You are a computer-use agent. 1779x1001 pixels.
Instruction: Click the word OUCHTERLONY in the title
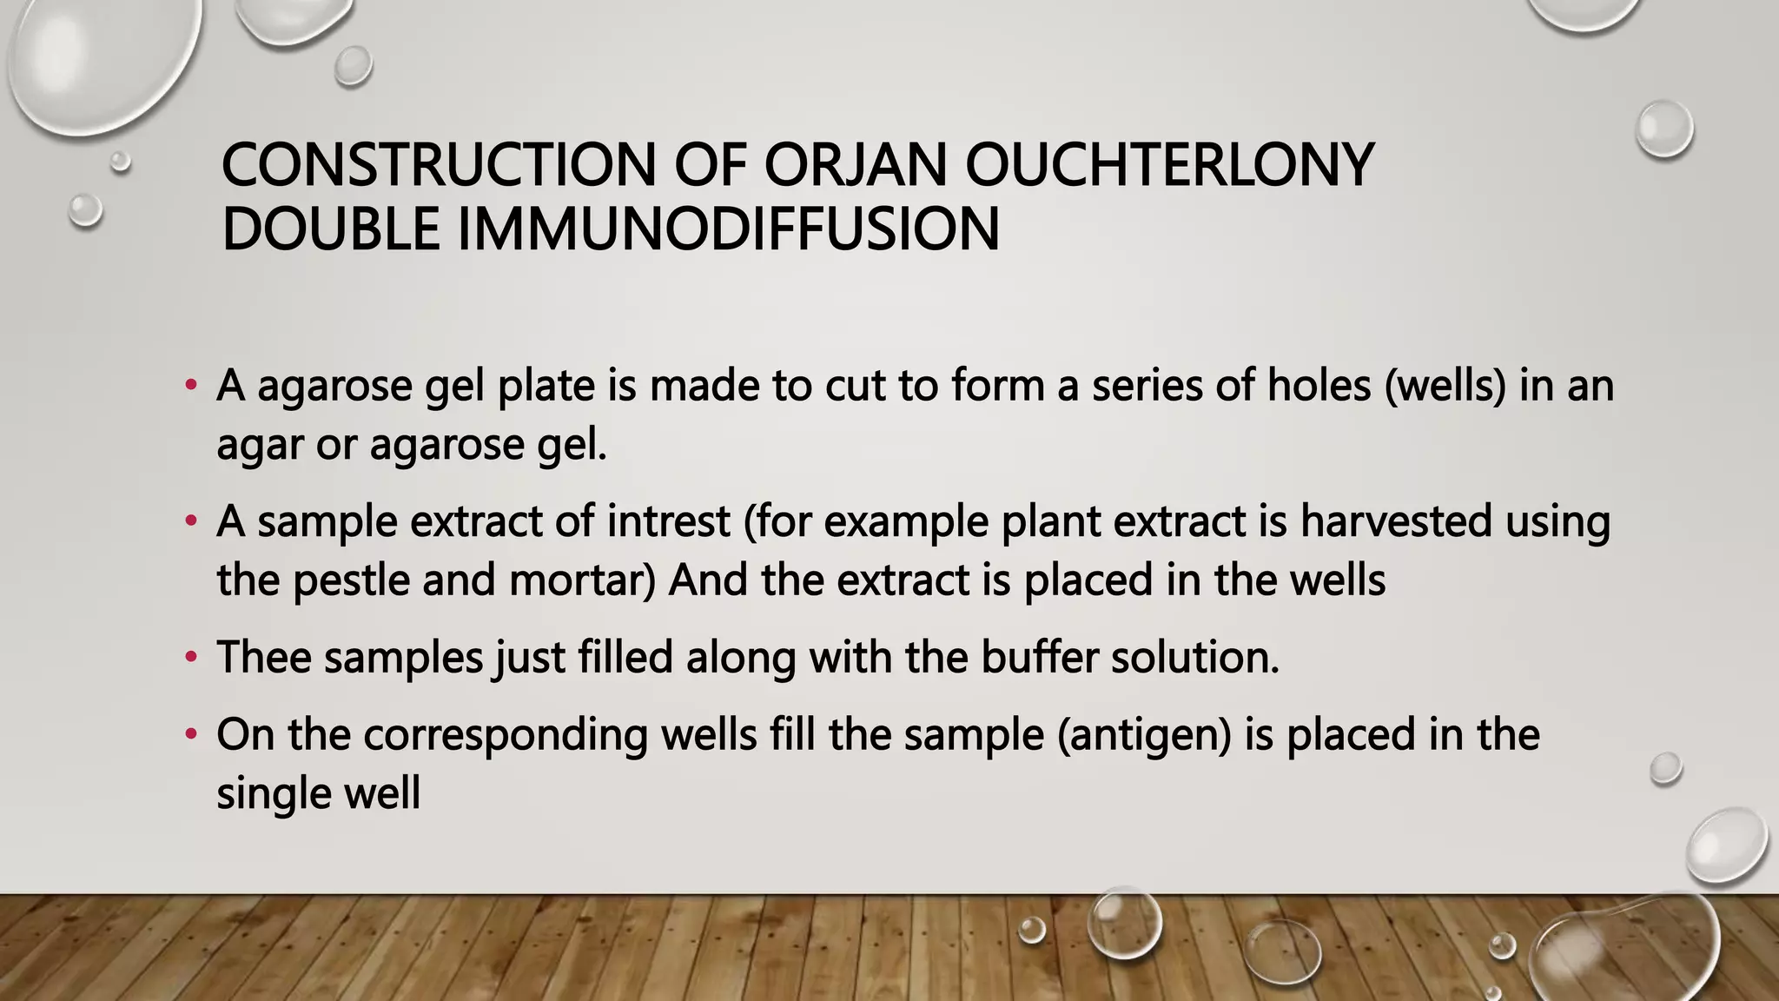(x=1169, y=165)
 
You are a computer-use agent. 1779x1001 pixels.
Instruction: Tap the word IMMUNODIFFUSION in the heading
(x=728, y=229)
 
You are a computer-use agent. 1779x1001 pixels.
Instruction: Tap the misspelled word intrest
(x=668, y=521)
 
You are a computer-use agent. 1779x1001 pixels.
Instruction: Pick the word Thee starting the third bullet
(x=264, y=657)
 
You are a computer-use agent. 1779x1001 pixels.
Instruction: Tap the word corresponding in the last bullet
(x=506, y=734)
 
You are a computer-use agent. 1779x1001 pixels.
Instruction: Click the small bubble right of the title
(x=1663, y=129)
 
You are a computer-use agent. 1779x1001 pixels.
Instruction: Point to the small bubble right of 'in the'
(x=1665, y=768)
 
